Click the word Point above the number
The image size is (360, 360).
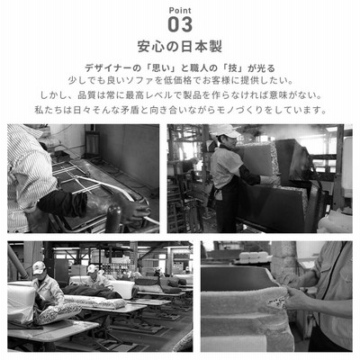pos(180,11)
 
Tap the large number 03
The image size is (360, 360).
pos(180,24)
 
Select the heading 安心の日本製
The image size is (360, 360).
pos(180,47)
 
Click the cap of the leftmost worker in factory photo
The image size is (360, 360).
pos(39,267)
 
